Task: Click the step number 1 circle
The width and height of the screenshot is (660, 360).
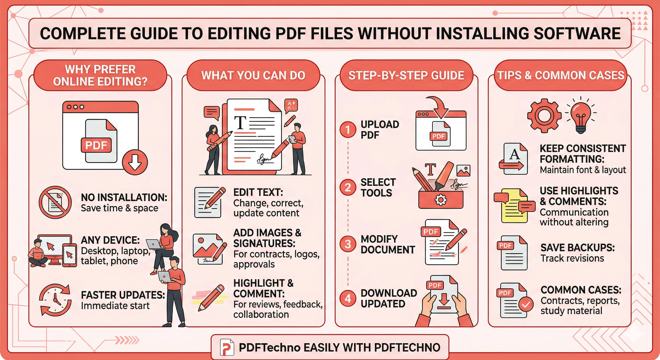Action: tap(348, 130)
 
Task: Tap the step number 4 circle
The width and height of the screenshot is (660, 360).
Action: tap(348, 299)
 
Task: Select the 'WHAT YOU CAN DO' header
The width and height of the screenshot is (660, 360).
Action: tap(253, 75)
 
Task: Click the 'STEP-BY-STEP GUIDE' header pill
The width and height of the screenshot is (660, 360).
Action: tap(406, 75)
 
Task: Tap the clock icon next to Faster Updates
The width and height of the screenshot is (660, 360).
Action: tap(55, 300)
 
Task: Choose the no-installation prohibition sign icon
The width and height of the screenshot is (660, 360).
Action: tap(55, 202)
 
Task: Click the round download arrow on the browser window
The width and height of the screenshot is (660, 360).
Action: tap(135, 162)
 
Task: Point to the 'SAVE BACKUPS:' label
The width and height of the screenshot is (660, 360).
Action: tap(577, 247)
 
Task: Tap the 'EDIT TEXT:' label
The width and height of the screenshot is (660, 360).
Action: tap(258, 192)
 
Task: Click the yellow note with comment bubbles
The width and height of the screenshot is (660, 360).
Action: tap(514, 206)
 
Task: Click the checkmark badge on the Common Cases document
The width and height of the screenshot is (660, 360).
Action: tap(526, 304)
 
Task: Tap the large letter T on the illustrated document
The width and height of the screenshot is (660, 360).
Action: tap(240, 123)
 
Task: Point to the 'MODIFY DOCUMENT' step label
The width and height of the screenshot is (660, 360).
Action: tap(387, 244)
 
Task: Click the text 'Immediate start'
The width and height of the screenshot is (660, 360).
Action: tap(115, 306)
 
